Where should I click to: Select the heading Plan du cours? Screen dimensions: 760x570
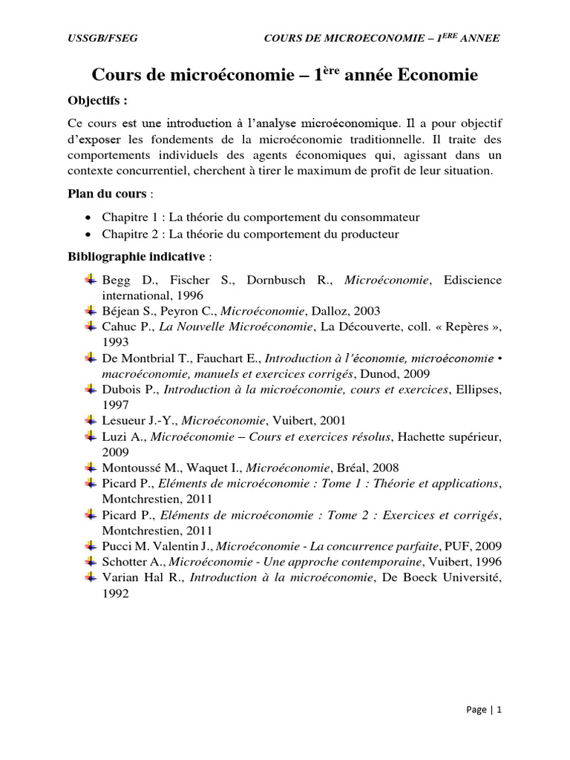[105, 194]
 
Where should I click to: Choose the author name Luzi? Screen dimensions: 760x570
[114, 436]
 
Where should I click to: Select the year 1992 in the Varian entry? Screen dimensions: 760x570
[116, 593]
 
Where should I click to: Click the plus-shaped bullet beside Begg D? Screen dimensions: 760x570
[91, 280]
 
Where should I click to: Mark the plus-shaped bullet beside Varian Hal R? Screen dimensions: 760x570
[91, 577]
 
